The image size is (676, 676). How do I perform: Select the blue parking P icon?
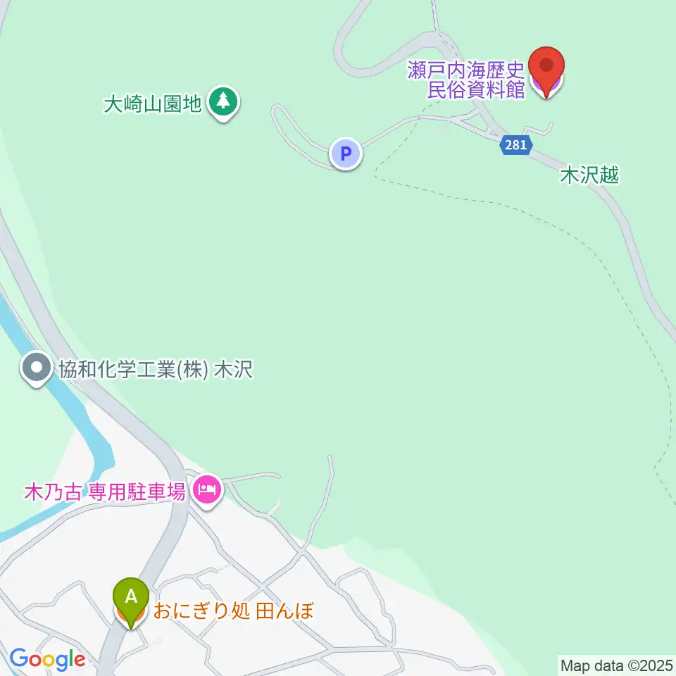pyautogui.click(x=346, y=153)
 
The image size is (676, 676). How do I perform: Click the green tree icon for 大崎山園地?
pyautogui.click(x=224, y=102)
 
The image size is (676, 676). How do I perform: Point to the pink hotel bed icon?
pyautogui.click(x=206, y=489)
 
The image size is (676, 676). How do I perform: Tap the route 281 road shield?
pyautogui.click(x=515, y=144)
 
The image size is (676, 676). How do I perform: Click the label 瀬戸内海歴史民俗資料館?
pyautogui.click(x=466, y=80)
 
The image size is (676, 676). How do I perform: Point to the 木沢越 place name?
pyautogui.click(x=589, y=175)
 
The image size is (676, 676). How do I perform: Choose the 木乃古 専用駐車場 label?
pyautogui.click(x=105, y=492)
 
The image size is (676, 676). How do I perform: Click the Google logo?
pyautogui.click(x=46, y=660)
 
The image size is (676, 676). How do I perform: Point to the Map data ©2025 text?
pyautogui.click(x=617, y=664)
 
